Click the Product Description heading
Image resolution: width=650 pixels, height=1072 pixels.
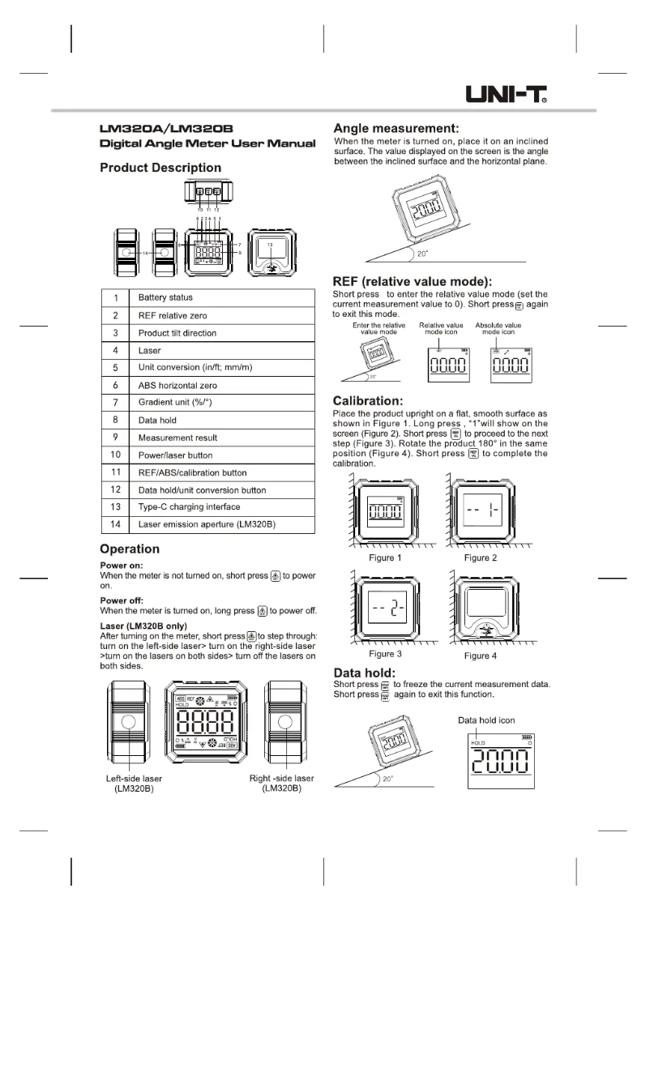tap(160, 168)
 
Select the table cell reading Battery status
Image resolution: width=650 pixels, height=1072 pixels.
tap(165, 297)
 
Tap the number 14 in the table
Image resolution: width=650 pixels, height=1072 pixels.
tap(115, 524)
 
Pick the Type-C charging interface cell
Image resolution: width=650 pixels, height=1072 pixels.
tap(189, 507)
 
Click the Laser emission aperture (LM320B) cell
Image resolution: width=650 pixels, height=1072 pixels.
tap(207, 524)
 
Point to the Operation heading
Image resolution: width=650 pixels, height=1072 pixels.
tap(129, 549)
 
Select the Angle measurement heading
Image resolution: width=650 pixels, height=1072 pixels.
tap(397, 128)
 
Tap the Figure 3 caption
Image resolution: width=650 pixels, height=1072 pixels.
tap(385, 655)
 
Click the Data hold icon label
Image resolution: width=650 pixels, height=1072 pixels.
tap(486, 720)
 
